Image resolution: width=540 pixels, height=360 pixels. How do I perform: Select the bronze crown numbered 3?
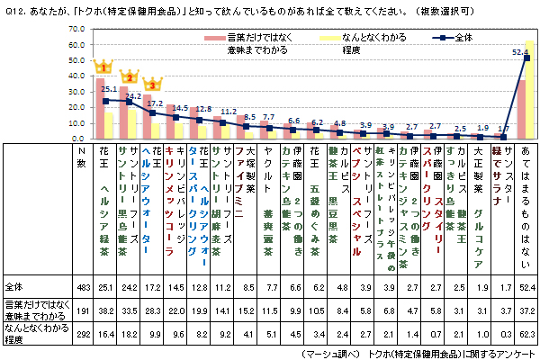pyautogui.click(x=153, y=85)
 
